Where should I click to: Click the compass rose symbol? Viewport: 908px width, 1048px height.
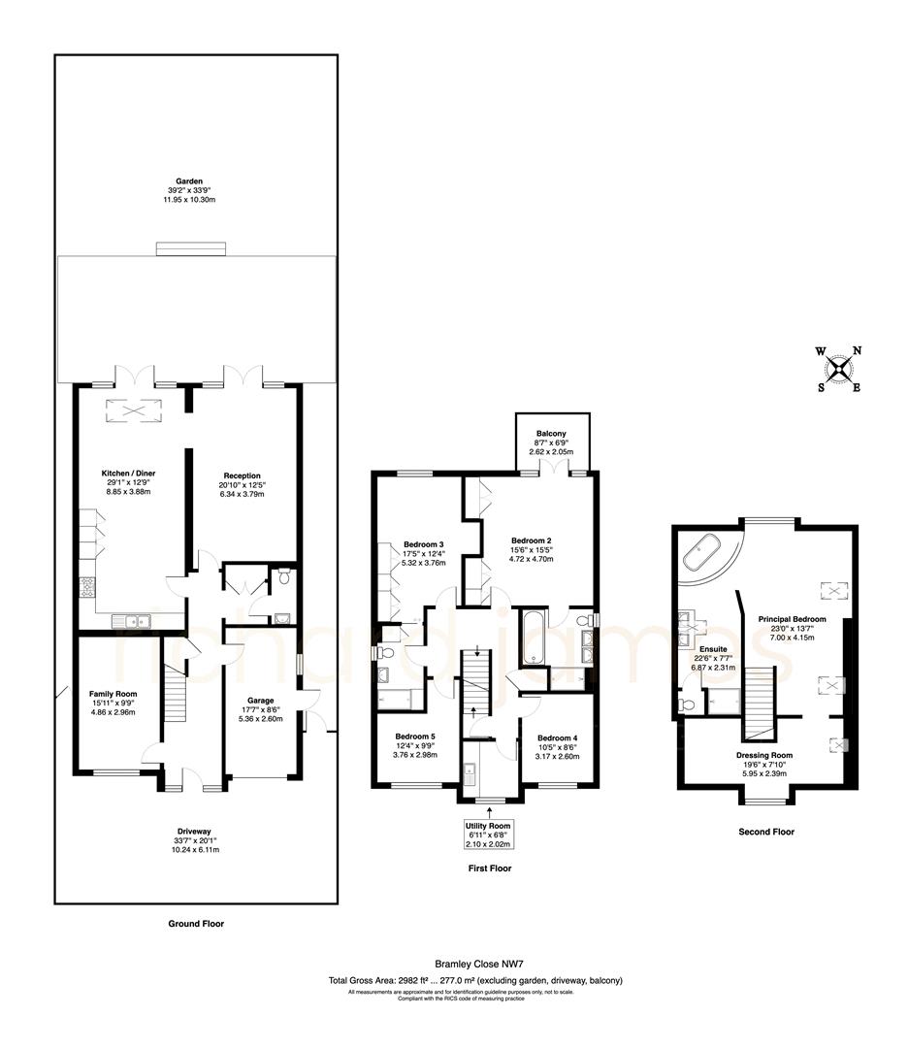pyautogui.click(x=838, y=369)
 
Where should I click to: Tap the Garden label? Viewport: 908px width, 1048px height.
pyautogui.click(x=195, y=184)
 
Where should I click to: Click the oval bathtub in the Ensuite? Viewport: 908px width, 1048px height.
pyautogui.click(x=702, y=554)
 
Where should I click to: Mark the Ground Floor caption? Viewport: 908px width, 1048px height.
pyautogui.click(x=196, y=924)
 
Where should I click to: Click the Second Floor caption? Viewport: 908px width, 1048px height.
pyautogui.click(x=766, y=832)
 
